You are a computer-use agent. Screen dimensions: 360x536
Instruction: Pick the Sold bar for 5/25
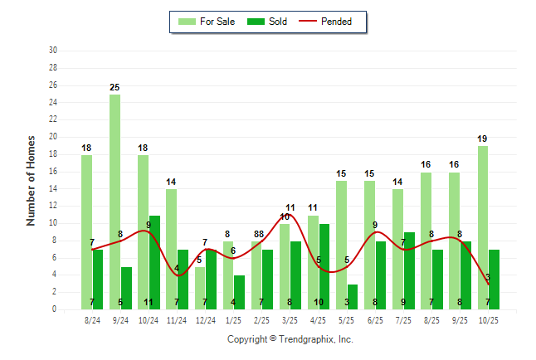(x=353, y=297)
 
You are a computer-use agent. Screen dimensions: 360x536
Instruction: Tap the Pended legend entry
(x=333, y=22)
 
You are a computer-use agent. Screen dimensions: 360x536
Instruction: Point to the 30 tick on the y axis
(x=53, y=51)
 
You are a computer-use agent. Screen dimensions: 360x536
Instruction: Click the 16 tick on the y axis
(x=53, y=172)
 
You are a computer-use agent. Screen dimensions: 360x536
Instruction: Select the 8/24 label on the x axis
(x=92, y=320)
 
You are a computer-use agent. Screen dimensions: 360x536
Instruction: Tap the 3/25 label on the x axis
(x=290, y=320)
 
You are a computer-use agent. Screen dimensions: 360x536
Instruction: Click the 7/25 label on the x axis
(x=403, y=320)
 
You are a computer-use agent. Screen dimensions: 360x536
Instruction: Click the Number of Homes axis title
(x=31, y=180)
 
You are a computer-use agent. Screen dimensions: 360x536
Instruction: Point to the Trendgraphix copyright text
(x=290, y=339)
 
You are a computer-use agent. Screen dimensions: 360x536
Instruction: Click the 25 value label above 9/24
(x=115, y=87)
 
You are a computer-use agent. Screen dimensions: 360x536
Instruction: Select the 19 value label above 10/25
(x=482, y=139)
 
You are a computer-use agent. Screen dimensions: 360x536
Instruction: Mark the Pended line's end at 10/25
(x=488, y=284)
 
